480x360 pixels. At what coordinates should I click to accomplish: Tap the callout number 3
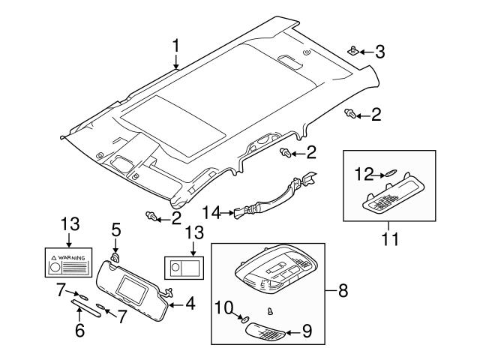(379, 52)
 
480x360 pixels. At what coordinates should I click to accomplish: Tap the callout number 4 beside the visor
(190, 304)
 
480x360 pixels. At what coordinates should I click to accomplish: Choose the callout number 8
(343, 289)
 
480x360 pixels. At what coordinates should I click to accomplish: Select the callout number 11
(388, 240)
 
